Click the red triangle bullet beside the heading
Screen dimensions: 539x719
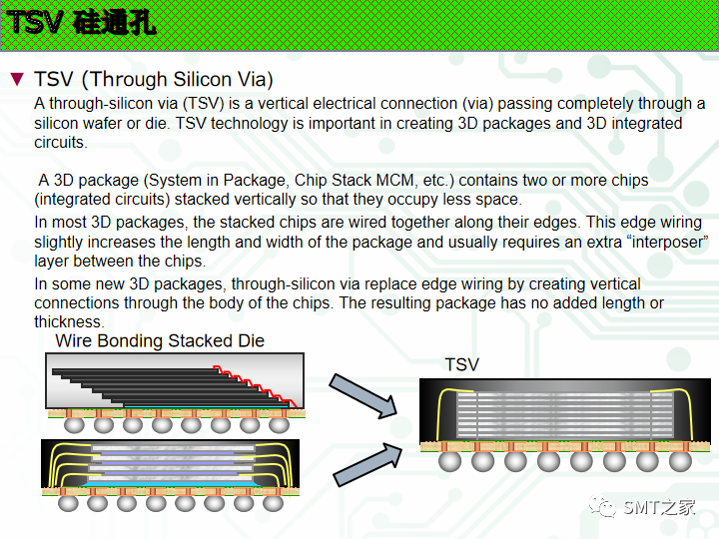(16, 79)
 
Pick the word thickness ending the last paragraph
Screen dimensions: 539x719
(68, 321)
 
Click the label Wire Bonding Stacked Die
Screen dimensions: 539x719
(160, 341)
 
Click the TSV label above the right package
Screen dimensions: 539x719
(461, 365)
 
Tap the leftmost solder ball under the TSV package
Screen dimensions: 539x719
(449, 461)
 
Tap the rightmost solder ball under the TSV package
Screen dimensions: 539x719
(680, 461)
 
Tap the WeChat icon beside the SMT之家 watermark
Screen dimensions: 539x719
(603, 507)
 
